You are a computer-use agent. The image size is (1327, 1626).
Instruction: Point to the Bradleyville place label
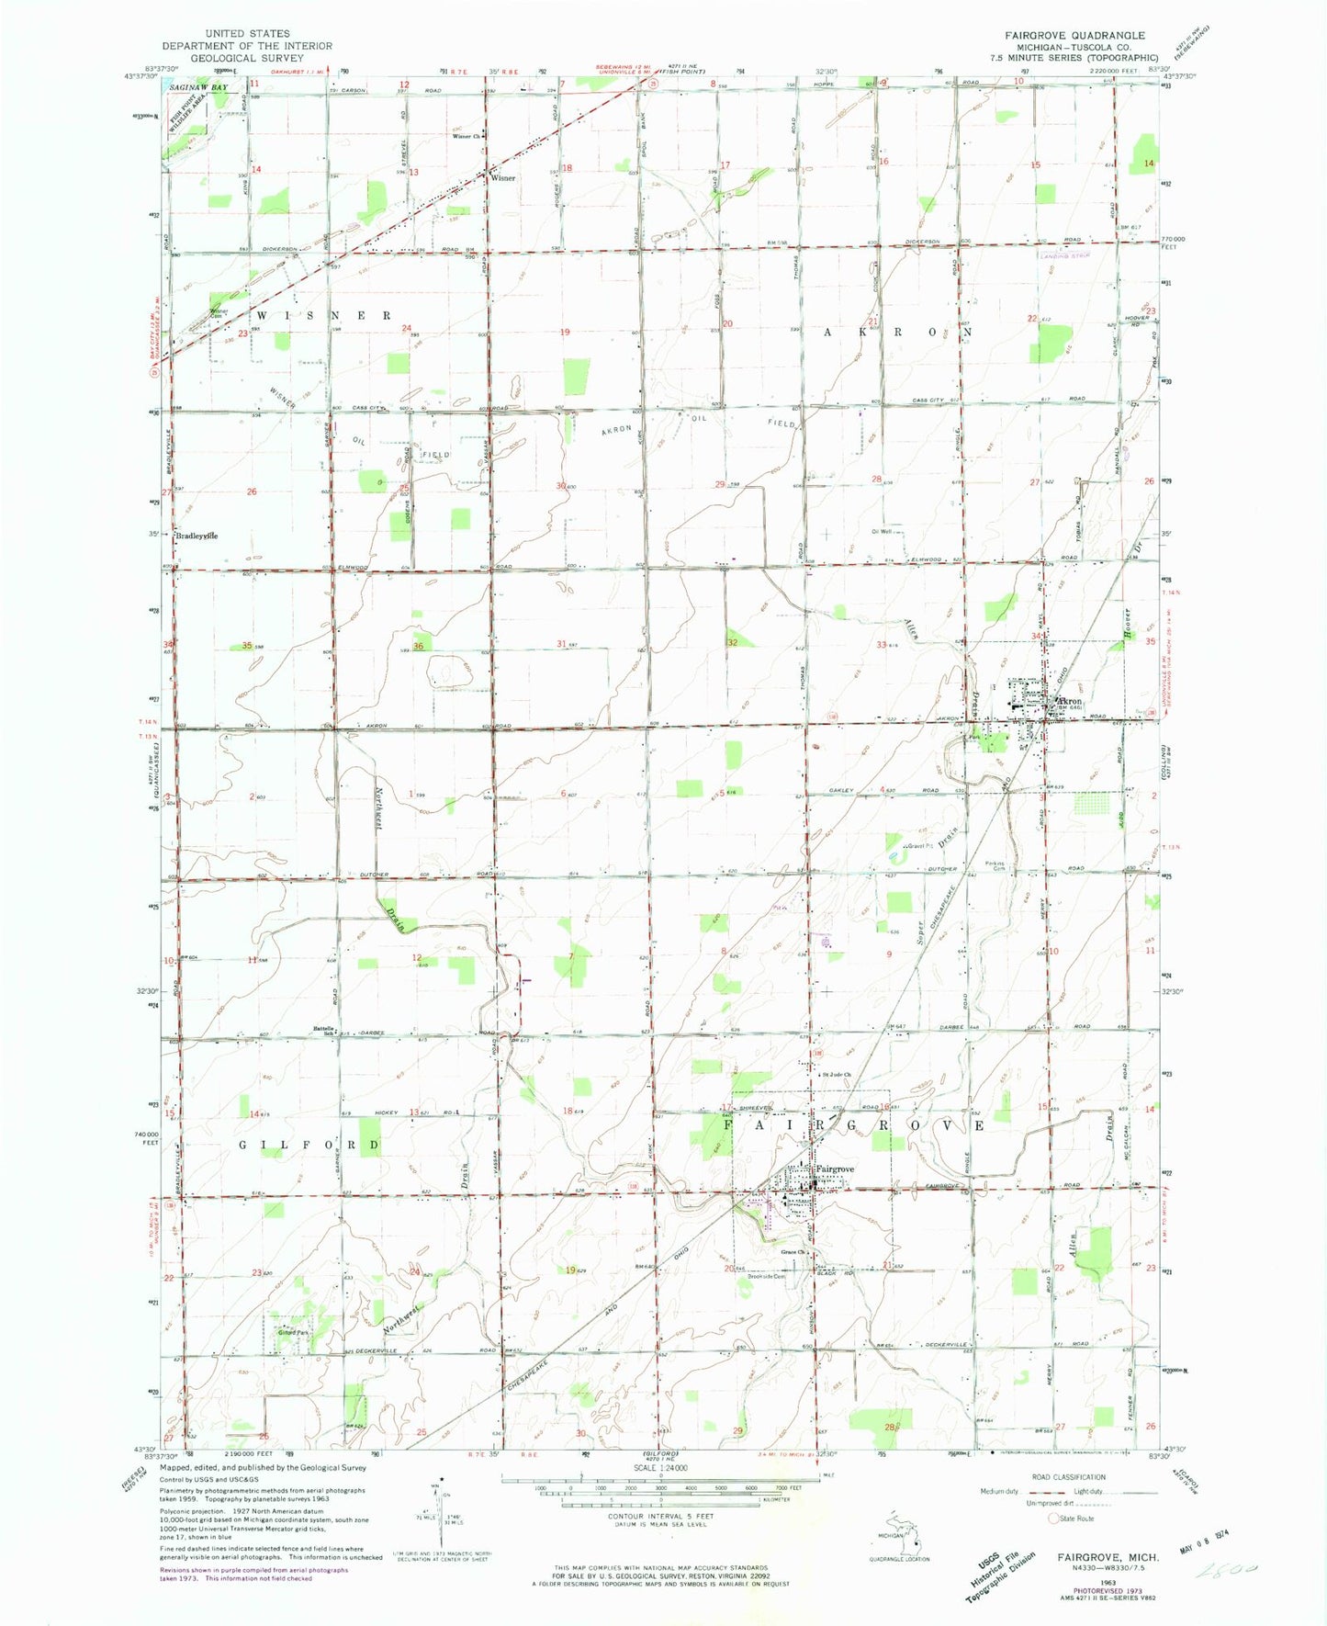(x=197, y=536)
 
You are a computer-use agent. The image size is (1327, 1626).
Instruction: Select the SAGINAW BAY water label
(x=197, y=87)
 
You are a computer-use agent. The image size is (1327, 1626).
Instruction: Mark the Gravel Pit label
(x=918, y=846)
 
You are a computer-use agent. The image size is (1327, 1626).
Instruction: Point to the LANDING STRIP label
(x=1064, y=255)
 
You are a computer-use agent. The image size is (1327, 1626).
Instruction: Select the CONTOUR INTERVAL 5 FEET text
(x=647, y=1542)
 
